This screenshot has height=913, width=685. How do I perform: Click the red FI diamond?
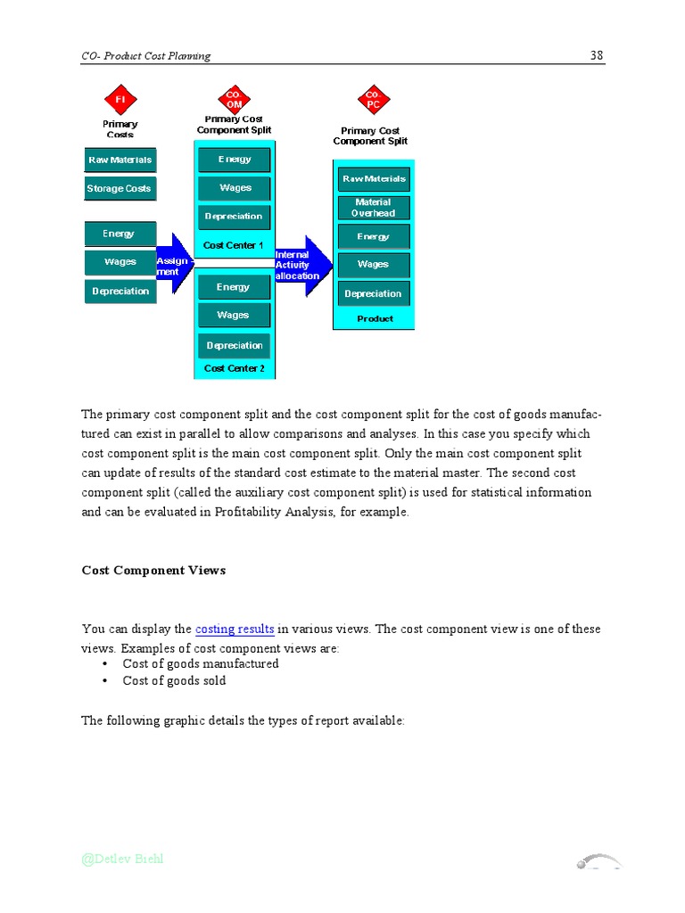[120, 100]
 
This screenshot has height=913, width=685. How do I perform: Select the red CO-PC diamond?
[373, 99]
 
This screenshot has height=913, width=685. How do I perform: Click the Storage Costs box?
[120, 189]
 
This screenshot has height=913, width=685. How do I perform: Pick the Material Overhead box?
[373, 208]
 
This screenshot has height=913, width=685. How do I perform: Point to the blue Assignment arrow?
[175, 261]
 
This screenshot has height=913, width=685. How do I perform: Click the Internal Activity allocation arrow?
[303, 265]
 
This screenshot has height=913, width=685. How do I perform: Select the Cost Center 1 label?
[234, 245]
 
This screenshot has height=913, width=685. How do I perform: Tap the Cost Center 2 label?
[235, 368]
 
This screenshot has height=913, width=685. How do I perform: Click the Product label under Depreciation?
[375, 318]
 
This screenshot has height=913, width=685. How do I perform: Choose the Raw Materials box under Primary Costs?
[120, 160]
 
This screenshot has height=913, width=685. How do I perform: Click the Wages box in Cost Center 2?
[234, 316]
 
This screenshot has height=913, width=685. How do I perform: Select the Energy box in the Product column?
[373, 237]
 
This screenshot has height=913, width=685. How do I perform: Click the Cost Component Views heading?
[153, 571]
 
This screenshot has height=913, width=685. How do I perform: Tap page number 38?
[597, 55]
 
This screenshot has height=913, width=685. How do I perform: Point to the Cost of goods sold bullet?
[174, 681]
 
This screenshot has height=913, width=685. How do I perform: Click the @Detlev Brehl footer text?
[123, 860]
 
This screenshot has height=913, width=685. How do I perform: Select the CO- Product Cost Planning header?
[146, 56]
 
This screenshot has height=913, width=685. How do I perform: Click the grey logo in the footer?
[598, 861]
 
